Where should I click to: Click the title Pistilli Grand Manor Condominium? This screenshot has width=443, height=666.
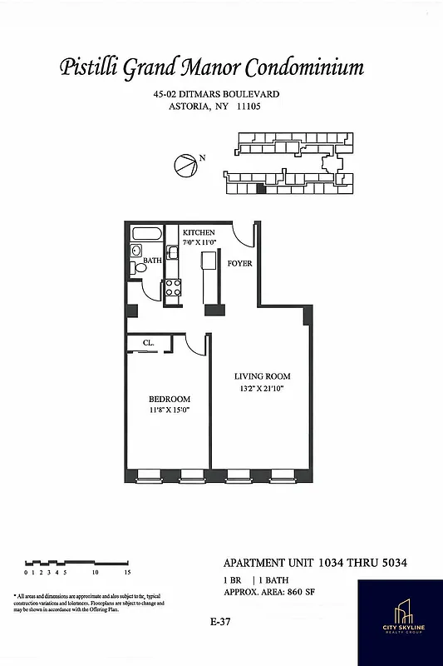click(212, 67)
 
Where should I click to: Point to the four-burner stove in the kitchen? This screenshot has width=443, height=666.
click(174, 288)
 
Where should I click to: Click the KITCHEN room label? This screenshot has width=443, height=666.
click(198, 232)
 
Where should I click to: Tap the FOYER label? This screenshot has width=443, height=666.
click(240, 264)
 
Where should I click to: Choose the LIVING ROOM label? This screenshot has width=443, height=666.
click(262, 376)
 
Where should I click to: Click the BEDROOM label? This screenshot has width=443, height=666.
click(169, 398)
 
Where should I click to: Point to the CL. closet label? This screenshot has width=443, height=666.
click(148, 341)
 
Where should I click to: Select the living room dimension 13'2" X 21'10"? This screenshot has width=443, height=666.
click(262, 389)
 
